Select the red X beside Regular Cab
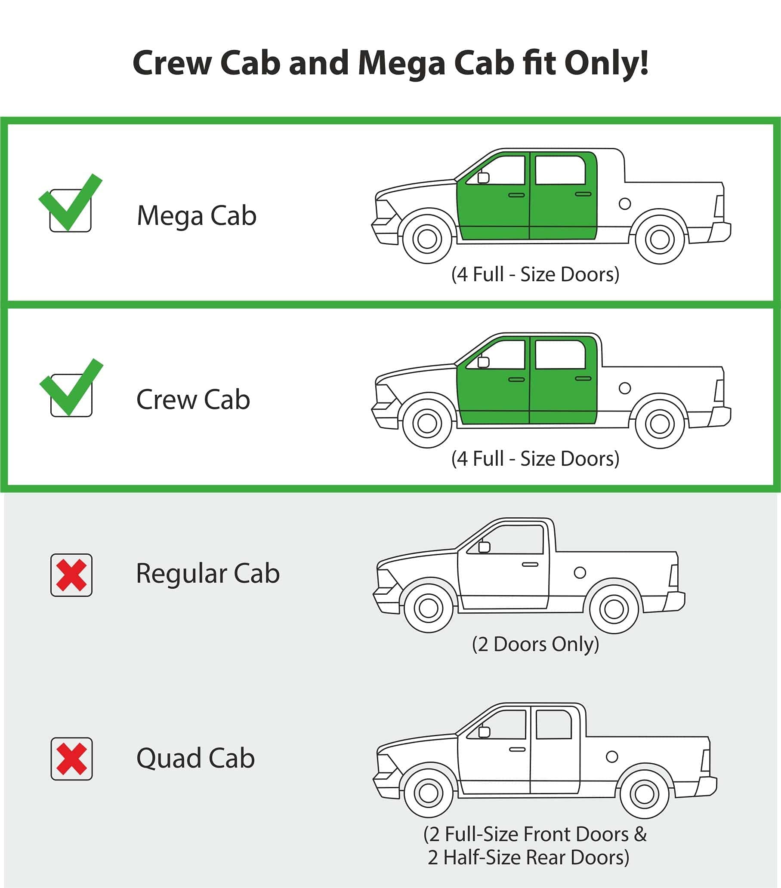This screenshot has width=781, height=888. click(71, 575)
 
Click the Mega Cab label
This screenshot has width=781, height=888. click(197, 216)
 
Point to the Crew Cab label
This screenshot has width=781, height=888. click(193, 399)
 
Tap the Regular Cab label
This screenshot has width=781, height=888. click(208, 575)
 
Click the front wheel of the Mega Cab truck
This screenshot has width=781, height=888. click(427, 238)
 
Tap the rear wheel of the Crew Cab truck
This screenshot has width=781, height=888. click(660, 424)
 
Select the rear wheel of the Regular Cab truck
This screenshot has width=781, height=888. click(614, 608)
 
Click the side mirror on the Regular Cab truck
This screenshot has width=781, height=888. click(484, 547)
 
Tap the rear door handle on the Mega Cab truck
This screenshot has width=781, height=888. click(583, 194)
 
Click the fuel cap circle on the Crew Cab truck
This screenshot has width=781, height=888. click(624, 388)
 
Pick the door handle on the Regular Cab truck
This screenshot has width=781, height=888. click(530, 564)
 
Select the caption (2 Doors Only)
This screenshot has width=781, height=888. click(535, 644)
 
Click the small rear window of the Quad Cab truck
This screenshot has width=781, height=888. click(553, 724)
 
